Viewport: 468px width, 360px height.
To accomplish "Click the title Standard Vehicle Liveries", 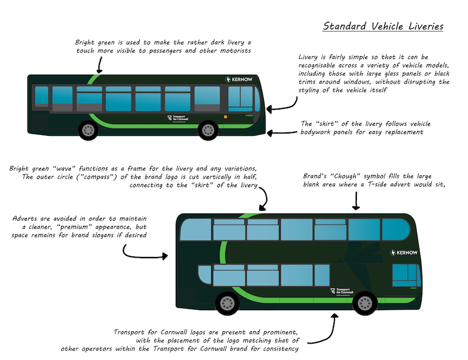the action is pos(383,26).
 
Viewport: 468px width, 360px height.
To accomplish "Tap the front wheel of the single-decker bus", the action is pos(208,131).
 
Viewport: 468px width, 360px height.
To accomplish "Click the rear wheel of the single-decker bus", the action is pos(88,131).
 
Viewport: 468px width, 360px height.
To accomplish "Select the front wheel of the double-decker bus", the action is pos(364,303).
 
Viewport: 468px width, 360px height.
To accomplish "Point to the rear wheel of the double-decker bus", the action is pos(227,303).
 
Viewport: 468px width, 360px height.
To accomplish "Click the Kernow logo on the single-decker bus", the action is pos(239,80).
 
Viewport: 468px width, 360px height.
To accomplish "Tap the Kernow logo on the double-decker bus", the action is pos(404,253).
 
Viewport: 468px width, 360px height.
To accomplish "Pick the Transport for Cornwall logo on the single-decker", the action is pos(178,118).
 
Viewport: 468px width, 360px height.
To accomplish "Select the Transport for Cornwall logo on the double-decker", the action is pos(342,292).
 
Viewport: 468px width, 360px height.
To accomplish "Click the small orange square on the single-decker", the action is pos(225,117).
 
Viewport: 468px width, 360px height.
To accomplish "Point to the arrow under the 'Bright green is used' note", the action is pos(99,65).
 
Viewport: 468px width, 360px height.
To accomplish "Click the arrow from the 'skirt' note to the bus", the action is pos(282,133).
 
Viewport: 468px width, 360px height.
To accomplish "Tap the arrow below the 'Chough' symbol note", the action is pos(356,201).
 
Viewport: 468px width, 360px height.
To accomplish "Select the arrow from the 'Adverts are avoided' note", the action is pos(140,256).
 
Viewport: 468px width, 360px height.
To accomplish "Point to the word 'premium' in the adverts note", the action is pos(74,227).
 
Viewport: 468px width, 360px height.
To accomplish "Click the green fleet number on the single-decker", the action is pos(249,115).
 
